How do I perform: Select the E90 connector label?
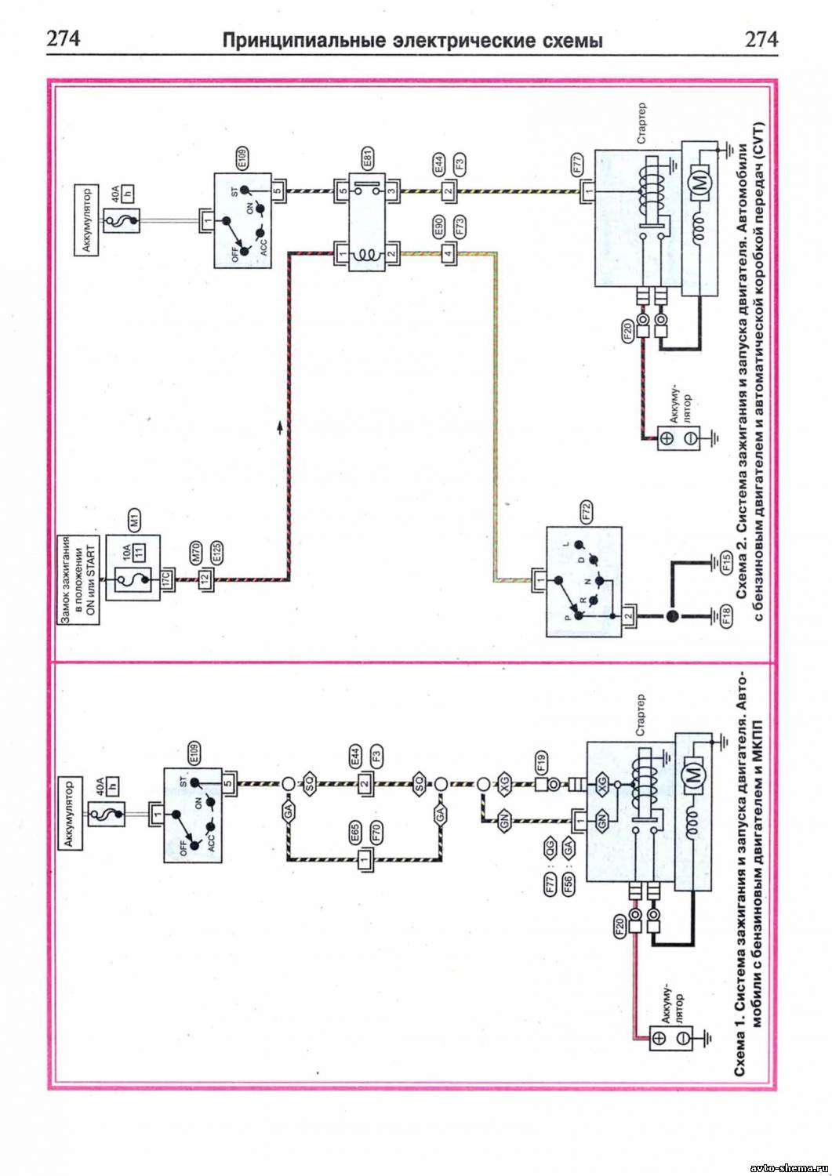(x=438, y=227)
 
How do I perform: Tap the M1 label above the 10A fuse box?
(x=134, y=518)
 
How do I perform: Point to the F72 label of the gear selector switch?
(x=586, y=511)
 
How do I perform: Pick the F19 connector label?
(x=541, y=762)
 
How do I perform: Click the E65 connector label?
(x=354, y=833)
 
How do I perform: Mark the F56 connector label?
(x=569, y=883)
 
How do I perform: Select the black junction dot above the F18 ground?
(x=671, y=616)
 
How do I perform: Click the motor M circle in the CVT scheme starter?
(x=701, y=182)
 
